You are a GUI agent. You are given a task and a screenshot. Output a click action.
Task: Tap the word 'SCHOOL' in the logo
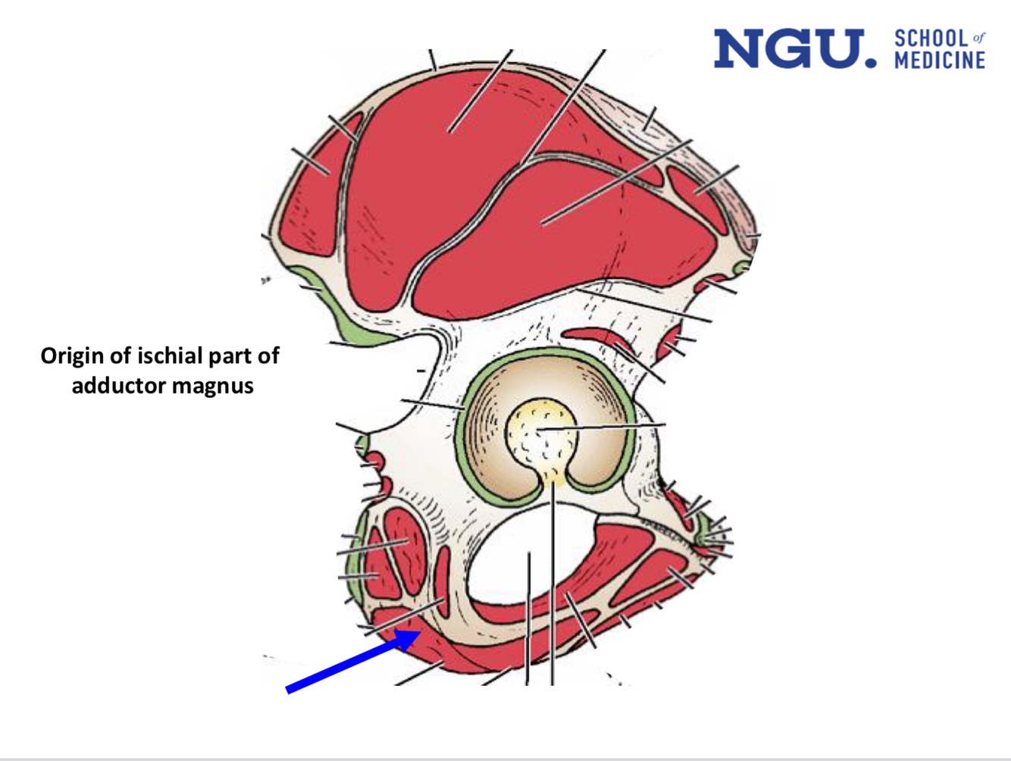931,39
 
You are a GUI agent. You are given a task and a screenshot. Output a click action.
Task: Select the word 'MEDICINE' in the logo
940,60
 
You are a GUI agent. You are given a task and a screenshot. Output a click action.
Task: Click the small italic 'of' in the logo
978,37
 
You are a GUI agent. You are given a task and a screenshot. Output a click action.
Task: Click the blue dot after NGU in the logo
871,62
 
